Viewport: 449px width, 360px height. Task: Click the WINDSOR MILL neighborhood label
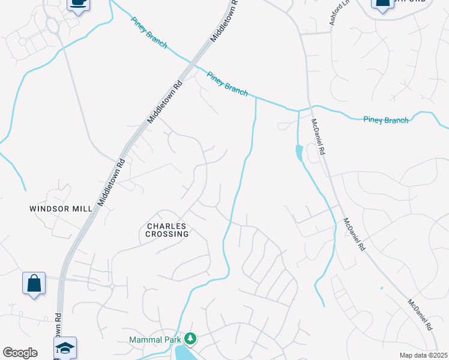61,209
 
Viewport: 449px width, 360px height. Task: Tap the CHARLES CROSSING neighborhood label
167,230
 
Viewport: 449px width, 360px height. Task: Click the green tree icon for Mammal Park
191,340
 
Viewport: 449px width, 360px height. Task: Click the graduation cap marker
65,348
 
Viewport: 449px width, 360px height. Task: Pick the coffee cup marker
77,4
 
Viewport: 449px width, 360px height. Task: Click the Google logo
20,353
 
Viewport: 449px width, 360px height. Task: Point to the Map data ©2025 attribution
423,355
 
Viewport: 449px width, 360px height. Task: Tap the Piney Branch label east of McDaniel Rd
386,120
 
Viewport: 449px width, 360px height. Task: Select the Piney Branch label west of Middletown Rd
149,32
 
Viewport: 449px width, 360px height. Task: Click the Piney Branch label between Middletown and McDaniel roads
227,83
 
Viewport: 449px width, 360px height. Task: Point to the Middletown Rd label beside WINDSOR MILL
111,183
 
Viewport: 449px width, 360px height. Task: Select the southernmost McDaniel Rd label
420,315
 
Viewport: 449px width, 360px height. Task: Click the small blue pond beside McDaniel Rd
299,154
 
